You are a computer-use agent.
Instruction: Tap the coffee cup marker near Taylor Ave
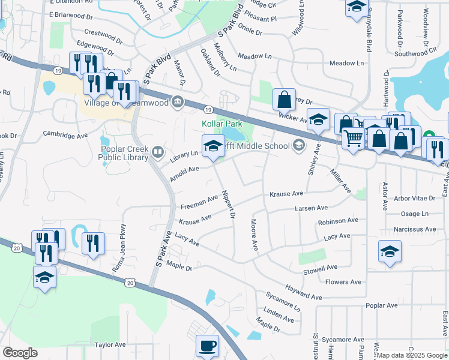(x=208, y=346)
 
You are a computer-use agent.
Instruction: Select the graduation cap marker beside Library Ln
(x=212, y=146)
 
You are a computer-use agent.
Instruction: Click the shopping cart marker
(x=354, y=138)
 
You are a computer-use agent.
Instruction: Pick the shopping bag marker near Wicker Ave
(x=285, y=98)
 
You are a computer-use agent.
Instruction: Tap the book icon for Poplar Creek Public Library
(x=158, y=151)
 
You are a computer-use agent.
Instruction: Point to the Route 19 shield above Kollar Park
(x=208, y=110)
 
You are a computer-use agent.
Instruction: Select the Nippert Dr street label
(x=228, y=204)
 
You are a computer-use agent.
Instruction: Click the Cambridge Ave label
(x=65, y=136)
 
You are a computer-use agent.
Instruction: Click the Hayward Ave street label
(x=304, y=292)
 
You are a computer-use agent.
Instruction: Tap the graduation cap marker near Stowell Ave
(x=390, y=251)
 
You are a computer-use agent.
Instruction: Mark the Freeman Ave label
(x=199, y=202)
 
